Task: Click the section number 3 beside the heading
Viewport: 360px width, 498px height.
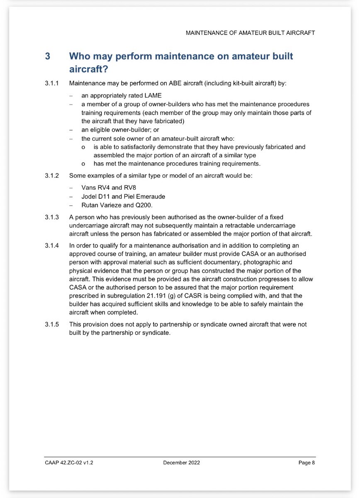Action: click(x=48, y=56)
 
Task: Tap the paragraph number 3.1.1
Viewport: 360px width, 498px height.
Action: click(x=51, y=83)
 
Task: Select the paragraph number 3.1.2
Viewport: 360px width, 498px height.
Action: click(x=51, y=176)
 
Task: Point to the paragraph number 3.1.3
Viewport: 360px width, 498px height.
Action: click(x=51, y=217)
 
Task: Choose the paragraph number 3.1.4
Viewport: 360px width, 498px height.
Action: click(x=51, y=246)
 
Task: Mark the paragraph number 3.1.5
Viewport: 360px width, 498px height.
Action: click(x=51, y=325)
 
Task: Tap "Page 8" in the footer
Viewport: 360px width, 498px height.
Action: click(x=306, y=463)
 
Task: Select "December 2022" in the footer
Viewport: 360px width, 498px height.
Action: click(x=181, y=463)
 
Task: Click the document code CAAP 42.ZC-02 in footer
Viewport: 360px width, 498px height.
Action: click(x=64, y=463)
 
